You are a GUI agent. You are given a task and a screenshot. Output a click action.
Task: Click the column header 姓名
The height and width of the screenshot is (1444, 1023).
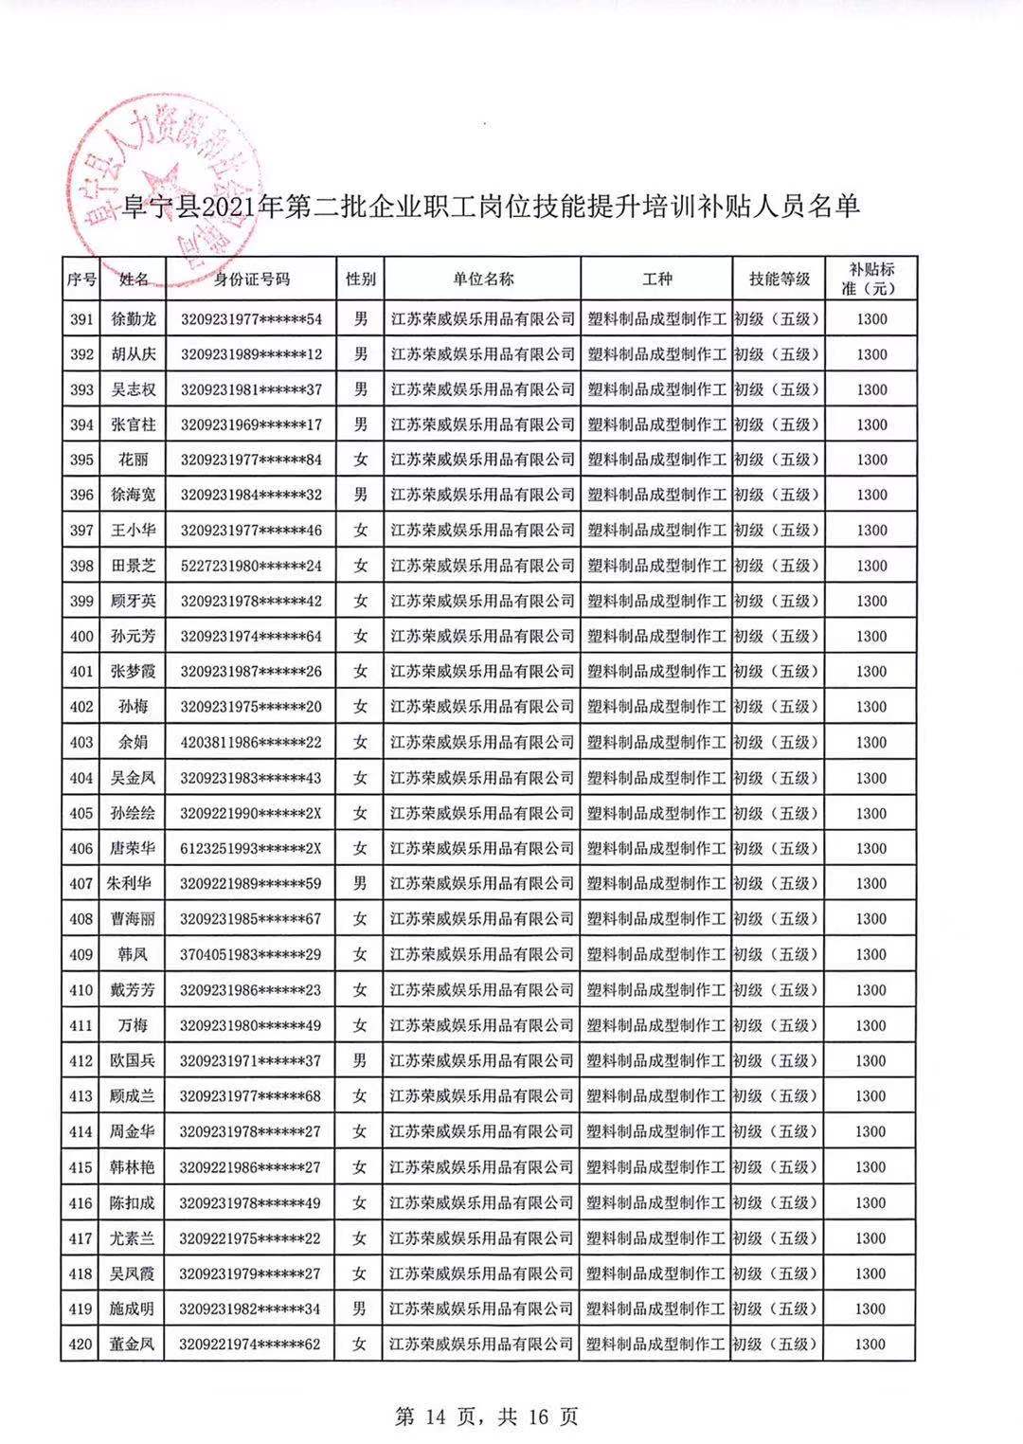[134, 280]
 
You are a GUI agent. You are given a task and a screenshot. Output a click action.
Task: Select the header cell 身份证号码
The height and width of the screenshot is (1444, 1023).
[251, 280]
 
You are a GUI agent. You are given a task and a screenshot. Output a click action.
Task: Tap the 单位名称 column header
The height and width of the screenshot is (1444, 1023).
[482, 280]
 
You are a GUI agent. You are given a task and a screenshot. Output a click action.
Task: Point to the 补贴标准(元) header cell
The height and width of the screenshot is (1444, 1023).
[870, 280]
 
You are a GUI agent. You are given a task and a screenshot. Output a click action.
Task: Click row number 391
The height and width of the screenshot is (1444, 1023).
[82, 319]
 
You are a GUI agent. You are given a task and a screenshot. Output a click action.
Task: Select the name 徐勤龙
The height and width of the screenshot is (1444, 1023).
[134, 319]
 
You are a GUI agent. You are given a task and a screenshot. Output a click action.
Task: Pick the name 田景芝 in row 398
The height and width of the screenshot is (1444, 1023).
[134, 566]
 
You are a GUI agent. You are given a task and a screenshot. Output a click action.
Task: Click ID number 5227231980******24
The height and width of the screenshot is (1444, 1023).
[251, 566]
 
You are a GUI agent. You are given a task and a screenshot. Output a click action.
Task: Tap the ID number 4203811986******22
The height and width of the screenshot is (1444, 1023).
[251, 742]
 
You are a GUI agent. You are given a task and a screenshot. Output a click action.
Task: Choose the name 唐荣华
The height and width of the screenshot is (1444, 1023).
[134, 848]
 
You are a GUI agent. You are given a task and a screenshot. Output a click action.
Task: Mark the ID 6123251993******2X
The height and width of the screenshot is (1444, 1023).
[251, 848]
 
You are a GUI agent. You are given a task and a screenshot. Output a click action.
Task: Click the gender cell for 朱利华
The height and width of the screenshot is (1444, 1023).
[360, 883]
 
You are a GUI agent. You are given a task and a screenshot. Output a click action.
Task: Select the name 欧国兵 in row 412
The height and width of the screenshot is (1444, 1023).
[134, 1060]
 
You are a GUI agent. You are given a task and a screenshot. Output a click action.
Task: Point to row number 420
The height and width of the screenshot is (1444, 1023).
[82, 1344]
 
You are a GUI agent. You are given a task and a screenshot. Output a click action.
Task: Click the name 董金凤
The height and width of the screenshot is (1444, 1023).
[134, 1344]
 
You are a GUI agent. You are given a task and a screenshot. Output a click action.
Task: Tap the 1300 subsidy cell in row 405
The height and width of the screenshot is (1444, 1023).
[870, 813]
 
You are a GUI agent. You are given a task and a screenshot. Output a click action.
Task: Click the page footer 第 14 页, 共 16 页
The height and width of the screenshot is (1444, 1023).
[486, 1417]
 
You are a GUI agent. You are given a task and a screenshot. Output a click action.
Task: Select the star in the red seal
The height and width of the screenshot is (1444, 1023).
[158, 183]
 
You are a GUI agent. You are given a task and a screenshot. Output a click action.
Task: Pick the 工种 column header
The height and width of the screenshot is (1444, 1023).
[656, 280]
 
